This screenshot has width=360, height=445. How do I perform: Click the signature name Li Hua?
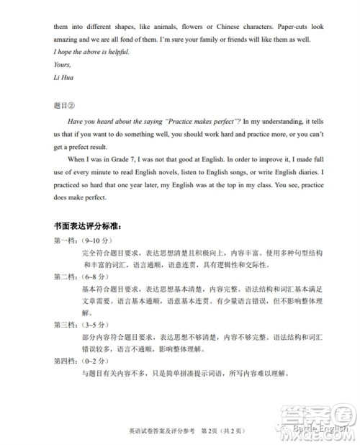point(64,77)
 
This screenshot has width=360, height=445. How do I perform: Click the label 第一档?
point(68,241)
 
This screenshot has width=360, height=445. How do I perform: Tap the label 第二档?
point(68,277)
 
